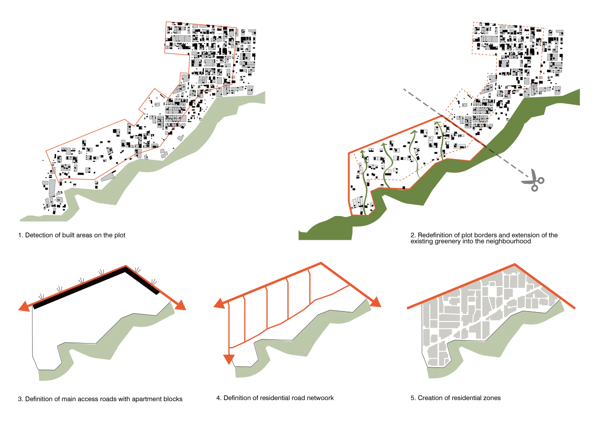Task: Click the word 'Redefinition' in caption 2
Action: (434, 235)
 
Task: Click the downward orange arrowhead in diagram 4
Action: (229, 359)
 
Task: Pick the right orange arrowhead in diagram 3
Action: (180, 305)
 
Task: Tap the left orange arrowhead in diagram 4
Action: (219, 304)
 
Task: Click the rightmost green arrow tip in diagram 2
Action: (437, 122)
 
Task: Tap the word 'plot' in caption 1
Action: (120, 236)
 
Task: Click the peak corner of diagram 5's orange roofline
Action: (515, 265)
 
